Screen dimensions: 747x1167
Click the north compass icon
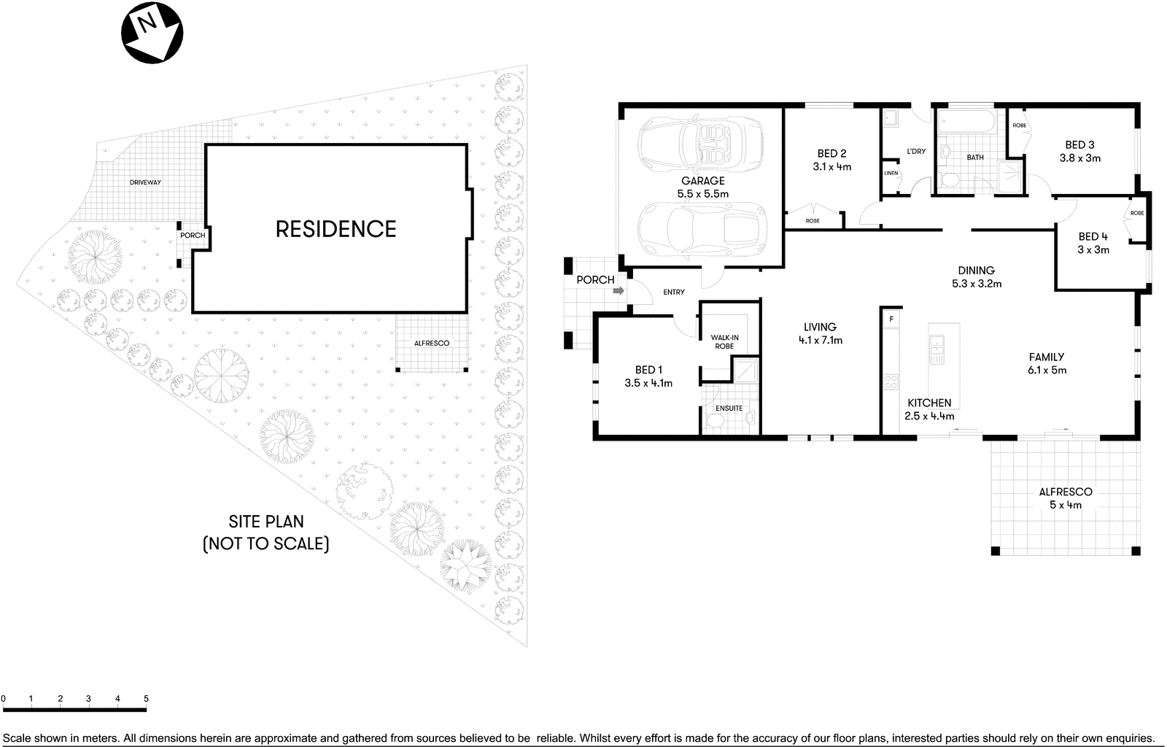click(152, 32)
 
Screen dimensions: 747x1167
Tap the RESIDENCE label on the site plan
click(336, 229)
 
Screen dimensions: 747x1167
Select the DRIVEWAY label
click(145, 182)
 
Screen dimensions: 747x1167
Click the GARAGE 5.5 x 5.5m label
click(702, 187)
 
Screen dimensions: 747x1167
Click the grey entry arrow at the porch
click(618, 291)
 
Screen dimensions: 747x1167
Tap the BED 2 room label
click(831, 160)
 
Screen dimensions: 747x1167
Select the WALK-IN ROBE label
click(724, 341)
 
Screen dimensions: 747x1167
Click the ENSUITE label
click(729, 408)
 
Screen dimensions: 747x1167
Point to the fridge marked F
click(891, 319)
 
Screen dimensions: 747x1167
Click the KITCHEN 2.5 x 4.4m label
click(929, 409)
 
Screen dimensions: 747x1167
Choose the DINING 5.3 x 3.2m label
click(976, 276)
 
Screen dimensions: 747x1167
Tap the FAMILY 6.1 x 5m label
click(1047, 363)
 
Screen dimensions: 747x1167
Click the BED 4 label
click(1093, 243)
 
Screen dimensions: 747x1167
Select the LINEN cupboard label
click(891, 173)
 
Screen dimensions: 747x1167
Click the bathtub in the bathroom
click(964, 121)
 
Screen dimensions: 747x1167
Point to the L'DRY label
click(916, 152)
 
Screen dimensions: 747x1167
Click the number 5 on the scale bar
click(146, 699)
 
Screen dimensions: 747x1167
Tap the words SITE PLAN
click(266, 522)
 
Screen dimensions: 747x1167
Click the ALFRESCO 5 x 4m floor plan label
click(1065, 498)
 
